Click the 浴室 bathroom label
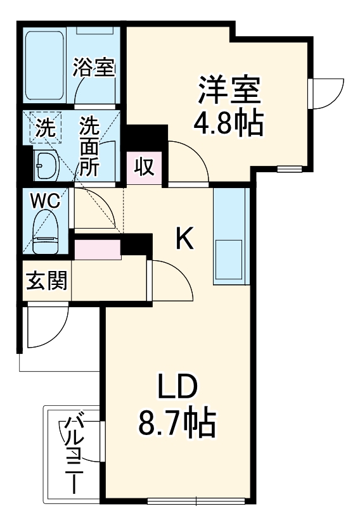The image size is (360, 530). tap(94, 66)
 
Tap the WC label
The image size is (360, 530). tap(45, 201)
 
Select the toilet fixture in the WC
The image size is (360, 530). tap(46, 232)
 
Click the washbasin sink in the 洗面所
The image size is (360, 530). tap(46, 166)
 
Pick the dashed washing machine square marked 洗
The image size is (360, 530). tap(45, 129)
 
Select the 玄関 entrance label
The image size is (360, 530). tap(46, 280)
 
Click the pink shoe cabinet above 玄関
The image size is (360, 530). tap(98, 249)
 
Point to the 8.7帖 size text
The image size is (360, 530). tap(177, 422)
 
